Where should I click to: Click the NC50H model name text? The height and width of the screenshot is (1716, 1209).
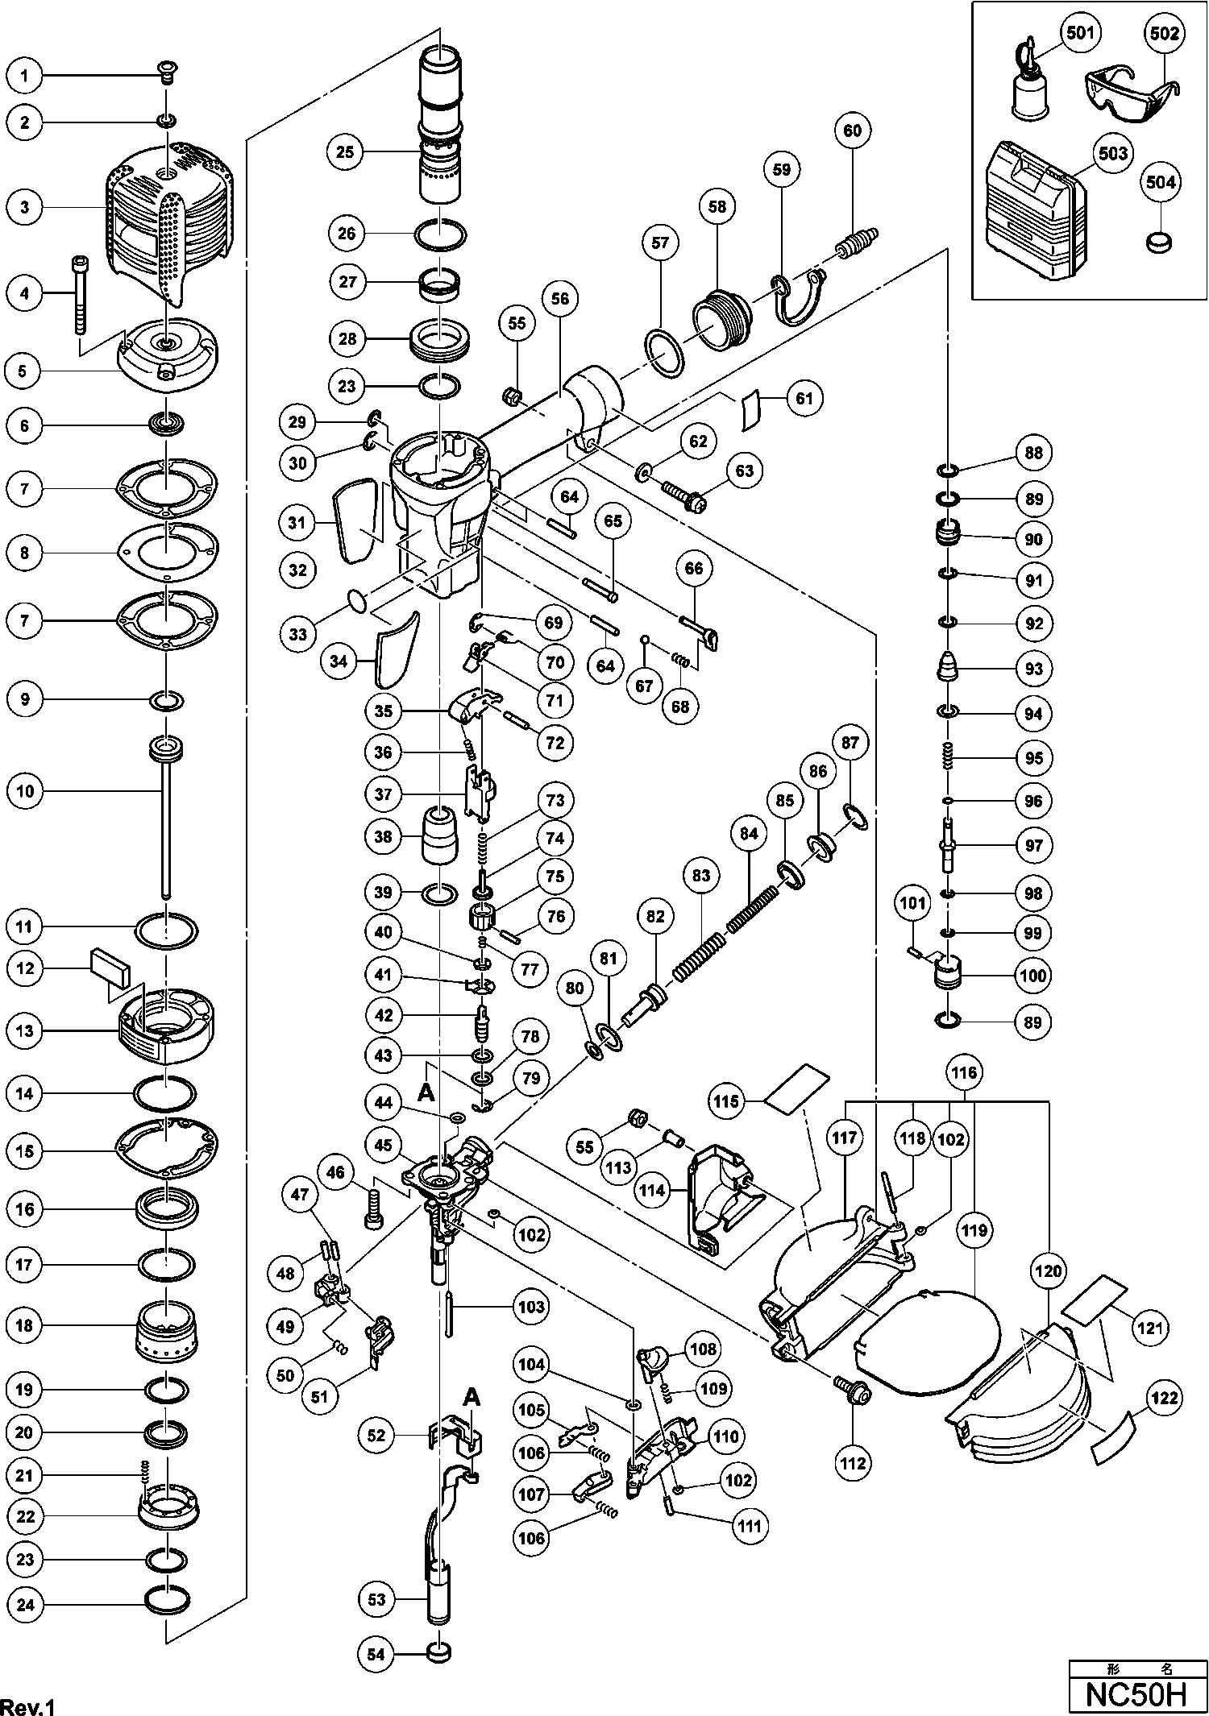point(1137,1693)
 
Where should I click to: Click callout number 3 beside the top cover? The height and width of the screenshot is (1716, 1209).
point(25,207)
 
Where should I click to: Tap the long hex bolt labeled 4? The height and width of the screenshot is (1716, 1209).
point(80,294)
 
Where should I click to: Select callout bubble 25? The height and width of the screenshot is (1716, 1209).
point(346,151)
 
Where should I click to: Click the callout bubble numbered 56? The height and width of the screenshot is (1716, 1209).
point(560,299)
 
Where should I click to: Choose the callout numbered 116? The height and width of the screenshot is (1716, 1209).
point(964,1072)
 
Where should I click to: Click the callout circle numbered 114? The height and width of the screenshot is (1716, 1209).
point(654,1189)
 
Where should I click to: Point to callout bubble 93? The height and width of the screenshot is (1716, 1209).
point(1033,668)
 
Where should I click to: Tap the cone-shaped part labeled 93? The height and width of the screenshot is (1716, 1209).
point(947,666)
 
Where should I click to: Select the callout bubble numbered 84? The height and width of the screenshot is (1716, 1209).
point(749,834)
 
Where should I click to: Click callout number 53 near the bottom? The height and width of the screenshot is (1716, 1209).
point(377,1599)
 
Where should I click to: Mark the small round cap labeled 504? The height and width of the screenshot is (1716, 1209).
point(1160,241)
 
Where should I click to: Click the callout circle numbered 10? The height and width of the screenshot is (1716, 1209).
point(25,791)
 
